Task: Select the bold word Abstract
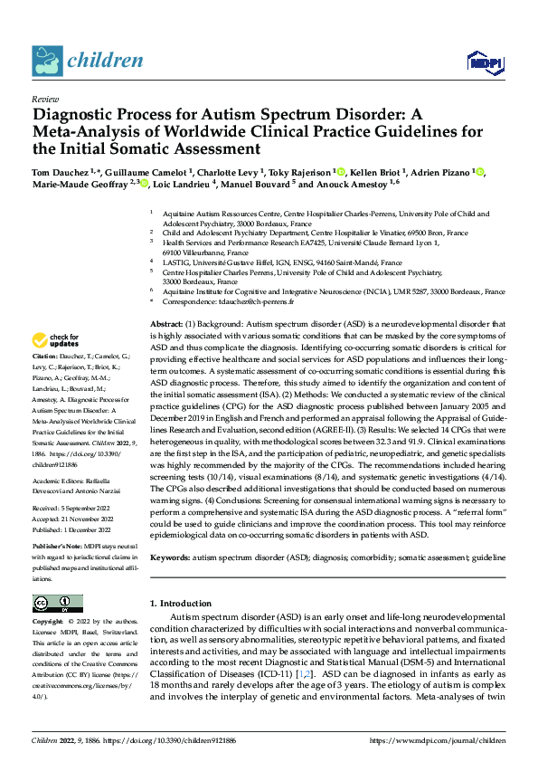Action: [166, 324]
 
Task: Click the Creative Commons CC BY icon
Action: [57, 604]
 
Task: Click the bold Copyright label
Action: [48, 623]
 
